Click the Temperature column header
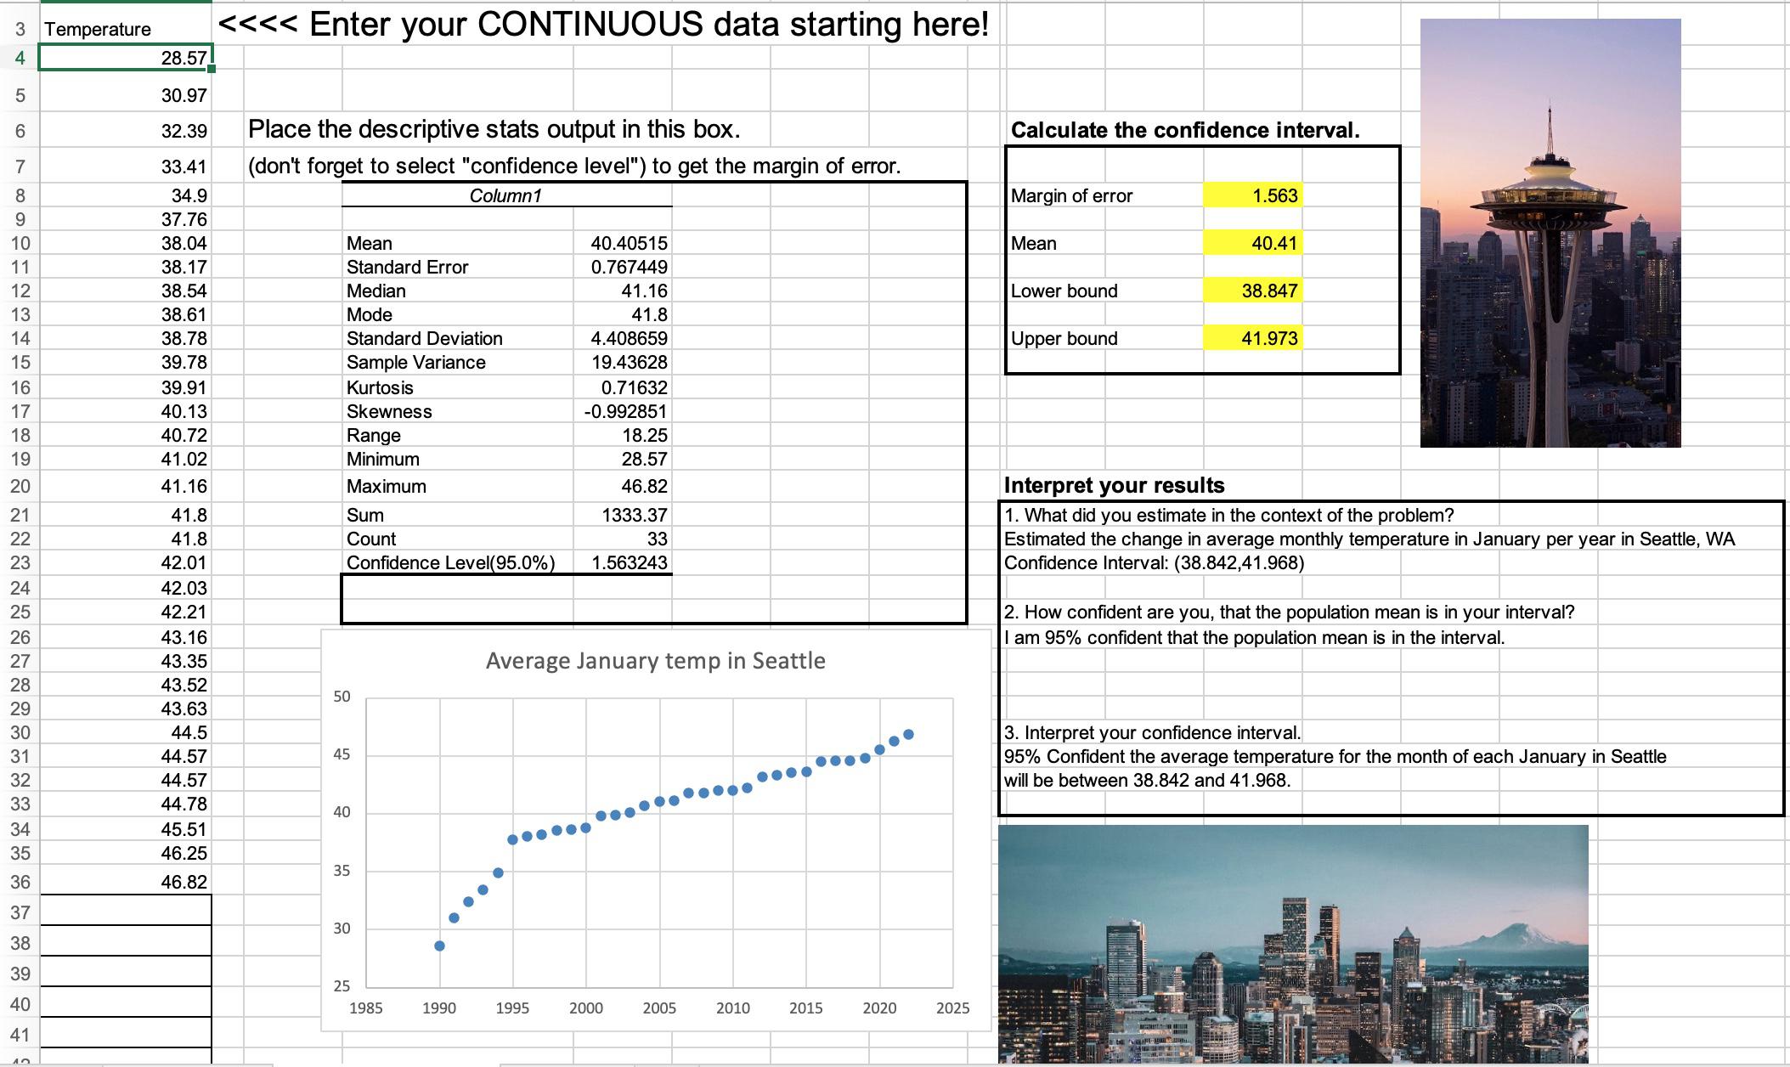(x=98, y=30)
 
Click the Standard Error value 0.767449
(x=629, y=268)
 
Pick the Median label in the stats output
(x=376, y=291)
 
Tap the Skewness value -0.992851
(x=625, y=412)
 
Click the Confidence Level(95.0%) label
(x=450, y=563)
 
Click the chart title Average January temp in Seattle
(x=655, y=661)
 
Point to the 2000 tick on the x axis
(x=586, y=1008)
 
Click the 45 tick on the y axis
(x=342, y=754)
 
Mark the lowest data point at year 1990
(x=439, y=946)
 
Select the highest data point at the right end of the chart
(x=909, y=734)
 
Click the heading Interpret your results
(x=1114, y=486)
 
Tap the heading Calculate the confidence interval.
(x=1185, y=131)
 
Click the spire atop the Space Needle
(x=1550, y=127)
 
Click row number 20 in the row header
(x=20, y=487)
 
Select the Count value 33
(x=657, y=539)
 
